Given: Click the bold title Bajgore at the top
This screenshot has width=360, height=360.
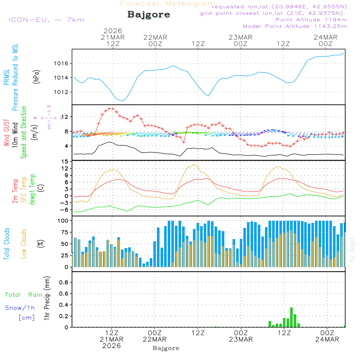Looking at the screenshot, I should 149,15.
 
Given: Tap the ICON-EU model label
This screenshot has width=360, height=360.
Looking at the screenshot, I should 46,20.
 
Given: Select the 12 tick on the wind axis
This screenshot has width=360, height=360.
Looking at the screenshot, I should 65,117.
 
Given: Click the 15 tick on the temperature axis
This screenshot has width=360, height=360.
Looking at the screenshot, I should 65,162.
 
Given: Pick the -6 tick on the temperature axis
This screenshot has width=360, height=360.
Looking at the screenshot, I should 65,210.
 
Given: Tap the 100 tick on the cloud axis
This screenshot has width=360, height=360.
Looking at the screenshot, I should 63,221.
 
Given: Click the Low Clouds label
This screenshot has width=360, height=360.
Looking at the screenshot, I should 24,243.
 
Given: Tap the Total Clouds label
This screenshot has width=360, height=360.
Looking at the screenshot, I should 7,243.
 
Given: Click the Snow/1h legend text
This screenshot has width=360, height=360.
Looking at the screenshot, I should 20,308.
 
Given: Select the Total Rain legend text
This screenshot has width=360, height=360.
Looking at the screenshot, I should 24,295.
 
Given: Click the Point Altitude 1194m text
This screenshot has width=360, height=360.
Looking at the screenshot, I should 311,20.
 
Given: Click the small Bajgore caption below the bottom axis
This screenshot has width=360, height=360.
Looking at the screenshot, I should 166,348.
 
